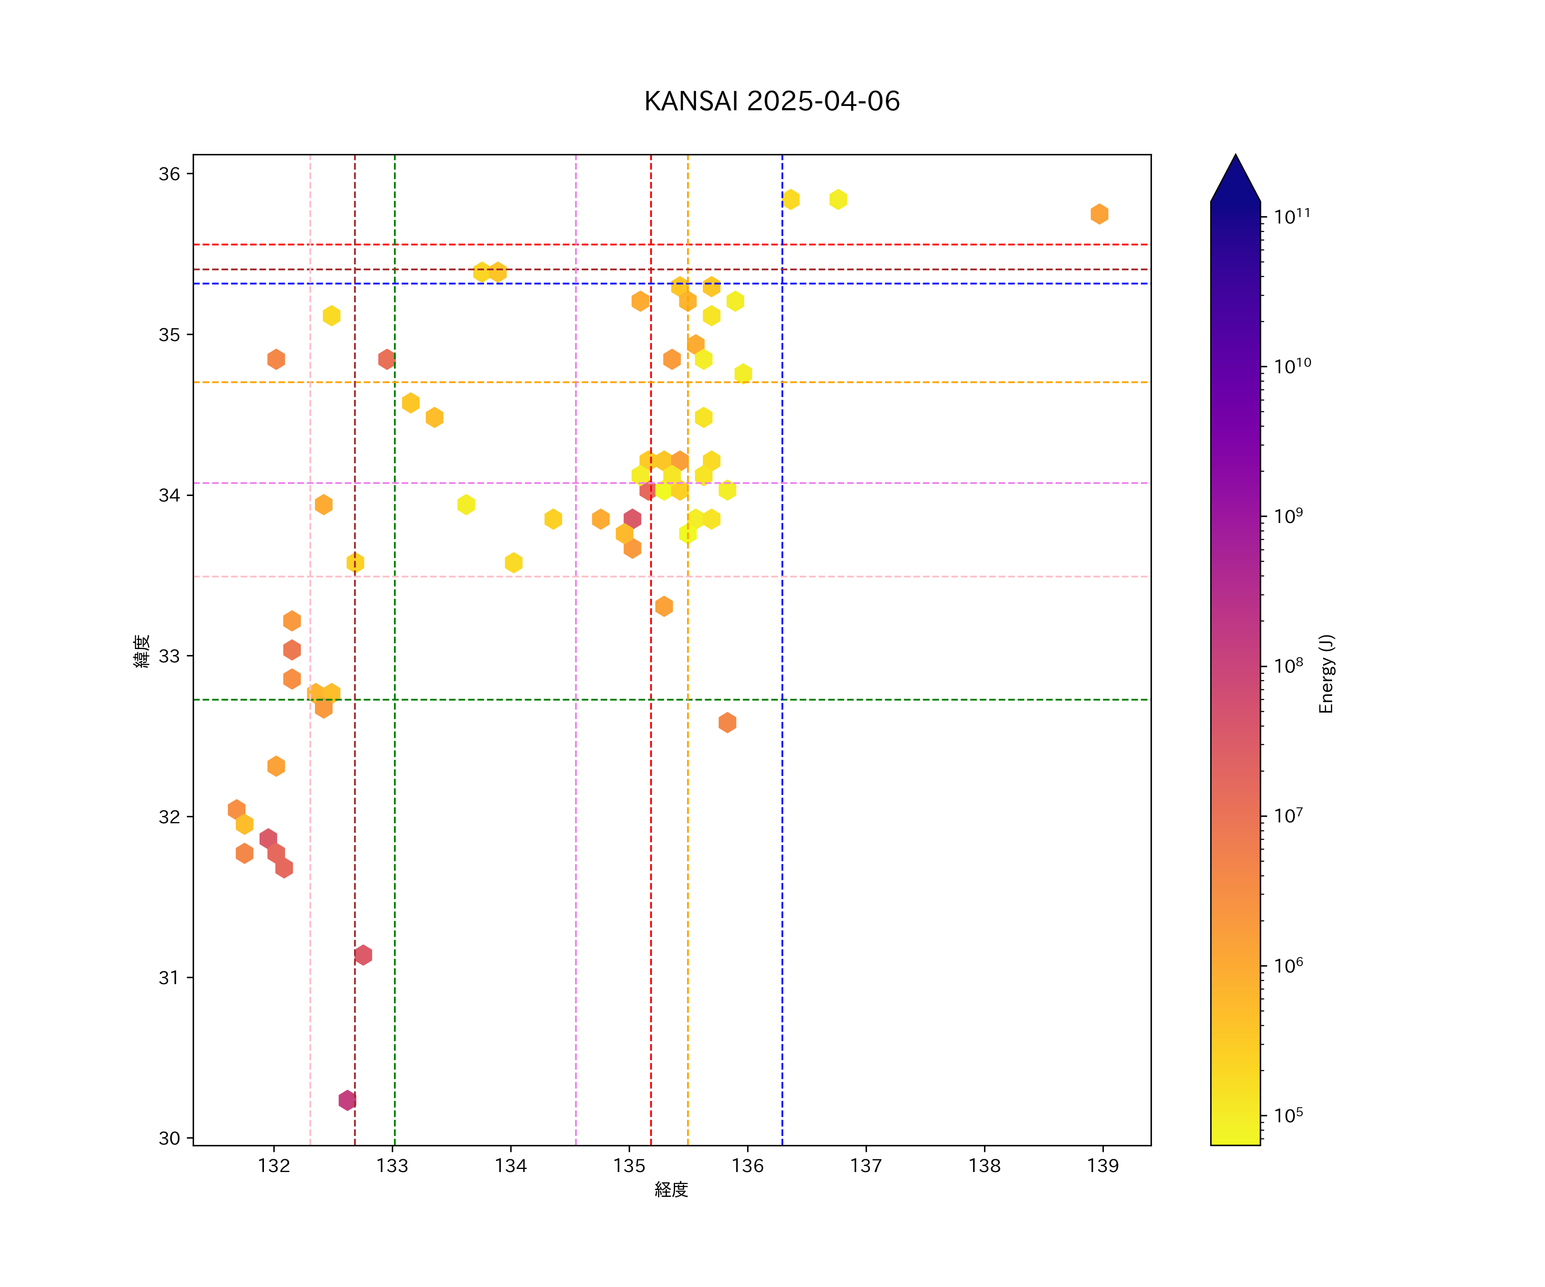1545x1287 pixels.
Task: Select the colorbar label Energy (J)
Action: [x=1326, y=674]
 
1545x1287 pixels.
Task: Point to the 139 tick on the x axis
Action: [x=1103, y=1166]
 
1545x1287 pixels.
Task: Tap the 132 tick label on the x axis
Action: [x=274, y=1166]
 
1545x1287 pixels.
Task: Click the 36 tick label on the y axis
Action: [x=169, y=174]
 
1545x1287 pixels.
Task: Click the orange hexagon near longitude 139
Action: [x=1099, y=214]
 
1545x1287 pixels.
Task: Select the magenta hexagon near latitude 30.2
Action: [x=347, y=1100]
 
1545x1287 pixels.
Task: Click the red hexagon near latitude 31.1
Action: [x=363, y=955]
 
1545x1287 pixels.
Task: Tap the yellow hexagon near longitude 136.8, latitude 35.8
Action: [x=838, y=199]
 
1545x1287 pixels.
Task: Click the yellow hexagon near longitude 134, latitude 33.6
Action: [x=514, y=562]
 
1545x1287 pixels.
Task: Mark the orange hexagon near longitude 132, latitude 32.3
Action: [x=276, y=766]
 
